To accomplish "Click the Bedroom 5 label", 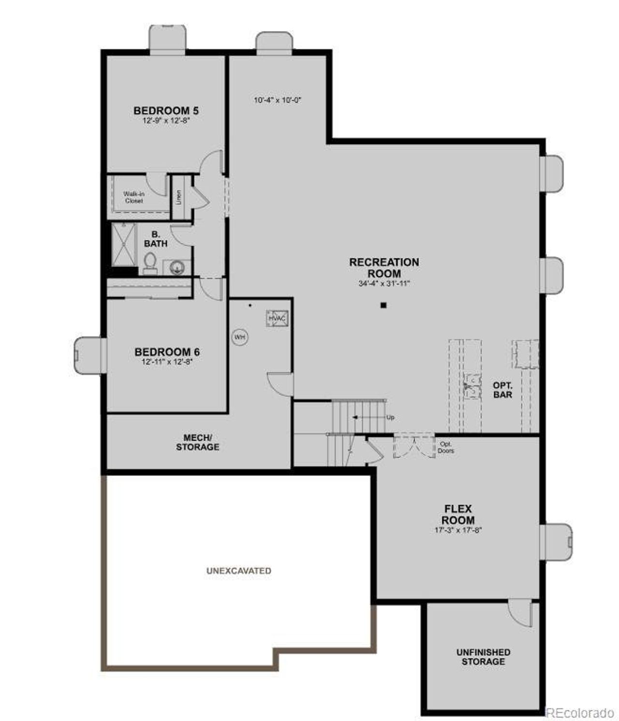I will pos(166,111).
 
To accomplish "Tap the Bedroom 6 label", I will pos(167,352).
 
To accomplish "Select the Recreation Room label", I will pos(384,268).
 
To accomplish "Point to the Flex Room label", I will pos(458,515).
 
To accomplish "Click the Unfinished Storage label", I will pos(483,657).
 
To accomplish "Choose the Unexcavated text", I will pos(239,571).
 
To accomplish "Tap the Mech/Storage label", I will pos(197,442).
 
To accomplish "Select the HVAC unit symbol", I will pos(277,319).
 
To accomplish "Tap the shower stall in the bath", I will pos(124,244).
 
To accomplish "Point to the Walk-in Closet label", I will pos(134,197).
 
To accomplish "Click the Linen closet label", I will pos(178,197).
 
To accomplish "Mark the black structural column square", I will pos(383,305).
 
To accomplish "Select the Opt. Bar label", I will pos(502,390).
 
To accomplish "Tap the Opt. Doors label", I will pos(446,447).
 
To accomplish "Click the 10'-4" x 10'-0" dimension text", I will pos(278,101).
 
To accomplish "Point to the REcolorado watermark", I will pos(580,712).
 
